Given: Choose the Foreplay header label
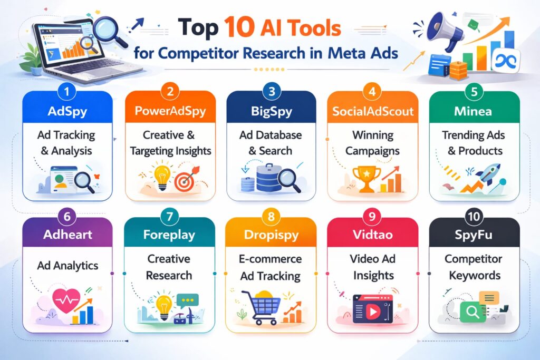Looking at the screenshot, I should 170,235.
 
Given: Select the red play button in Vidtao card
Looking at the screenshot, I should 373,312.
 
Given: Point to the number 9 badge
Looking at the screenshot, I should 373,216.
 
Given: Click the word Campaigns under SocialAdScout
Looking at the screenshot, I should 373,151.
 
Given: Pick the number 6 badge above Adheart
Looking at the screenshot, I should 67,216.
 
